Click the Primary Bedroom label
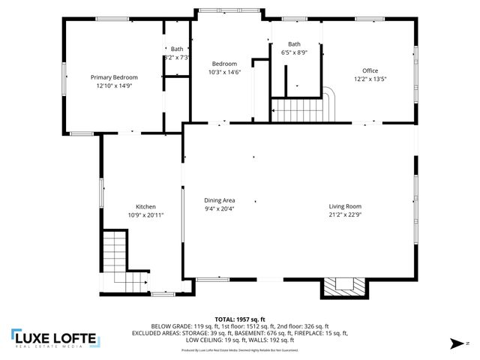[x=114, y=77]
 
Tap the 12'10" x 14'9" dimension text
[x=114, y=86]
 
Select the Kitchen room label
[x=145, y=207]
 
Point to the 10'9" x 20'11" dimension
[x=145, y=215]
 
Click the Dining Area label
[x=220, y=200]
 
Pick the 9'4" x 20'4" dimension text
[x=220, y=209]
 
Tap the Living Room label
[x=345, y=206]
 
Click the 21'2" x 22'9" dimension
[x=345, y=215]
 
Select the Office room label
[x=370, y=70]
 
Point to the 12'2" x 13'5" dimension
[x=370, y=79]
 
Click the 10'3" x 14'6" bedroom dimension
[x=224, y=73]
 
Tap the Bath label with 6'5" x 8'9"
[x=294, y=44]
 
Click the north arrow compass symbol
[x=455, y=344]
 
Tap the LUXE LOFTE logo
[x=54, y=337]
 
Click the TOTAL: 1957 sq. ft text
[x=239, y=319]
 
